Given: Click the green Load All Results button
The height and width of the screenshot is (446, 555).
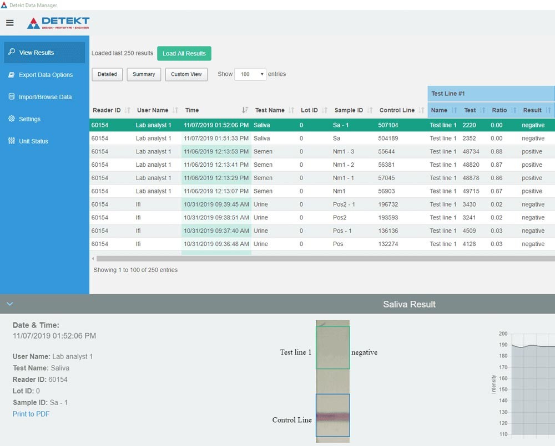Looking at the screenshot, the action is pos(184,53).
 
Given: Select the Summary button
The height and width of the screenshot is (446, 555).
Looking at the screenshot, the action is pos(144,74).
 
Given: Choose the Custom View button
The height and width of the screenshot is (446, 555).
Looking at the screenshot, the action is pos(186,74).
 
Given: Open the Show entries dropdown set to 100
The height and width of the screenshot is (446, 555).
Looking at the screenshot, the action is pos(250,74).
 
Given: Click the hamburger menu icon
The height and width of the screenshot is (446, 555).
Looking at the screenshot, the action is pos(10,23).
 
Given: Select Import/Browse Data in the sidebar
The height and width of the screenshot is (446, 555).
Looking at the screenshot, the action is pos(44,97).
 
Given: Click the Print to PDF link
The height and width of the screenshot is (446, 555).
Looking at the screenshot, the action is pos(31,414).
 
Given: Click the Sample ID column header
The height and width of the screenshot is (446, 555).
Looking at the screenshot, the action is pos(349,110).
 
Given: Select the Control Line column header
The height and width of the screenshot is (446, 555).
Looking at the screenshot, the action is pos(397,110).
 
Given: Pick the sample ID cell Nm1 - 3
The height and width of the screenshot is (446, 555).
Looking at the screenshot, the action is pos(344,152).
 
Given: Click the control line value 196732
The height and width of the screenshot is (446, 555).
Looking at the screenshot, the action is pos(388,204).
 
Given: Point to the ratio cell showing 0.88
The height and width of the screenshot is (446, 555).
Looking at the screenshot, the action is pos(496,152).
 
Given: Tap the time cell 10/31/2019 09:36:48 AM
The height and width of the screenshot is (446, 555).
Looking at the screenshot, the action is pos(216,244).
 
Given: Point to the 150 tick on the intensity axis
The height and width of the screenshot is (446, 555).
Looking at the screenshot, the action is pos(503,389).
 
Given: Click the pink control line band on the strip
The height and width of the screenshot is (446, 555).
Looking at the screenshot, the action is pos(332,417).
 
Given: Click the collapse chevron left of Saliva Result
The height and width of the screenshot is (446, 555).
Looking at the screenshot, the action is pos(10,304).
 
